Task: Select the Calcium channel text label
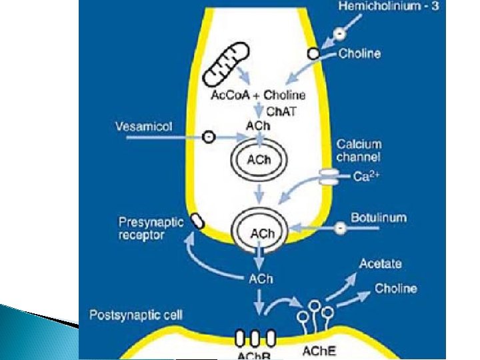(359, 151)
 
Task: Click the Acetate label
(380, 264)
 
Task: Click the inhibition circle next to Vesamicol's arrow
(209, 137)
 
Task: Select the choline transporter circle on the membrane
(312, 53)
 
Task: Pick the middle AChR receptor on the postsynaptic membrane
(255, 335)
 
